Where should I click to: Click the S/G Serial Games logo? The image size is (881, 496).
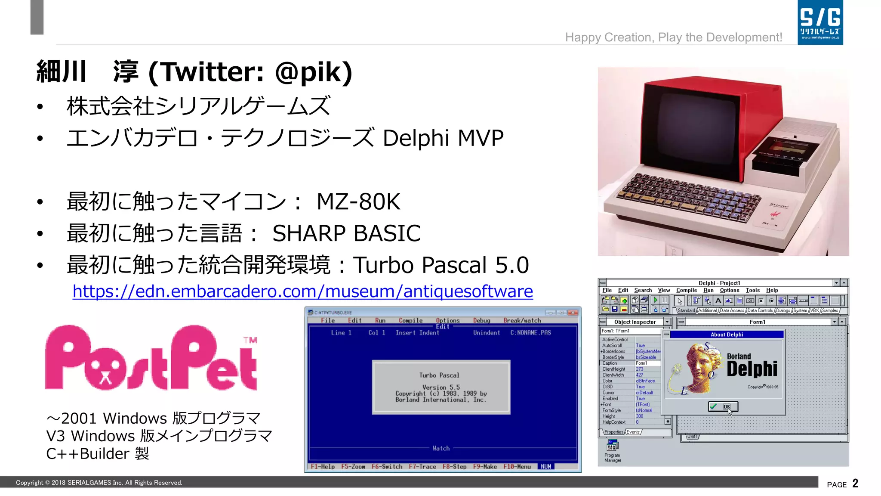click(x=820, y=22)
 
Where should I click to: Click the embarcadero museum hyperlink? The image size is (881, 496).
click(x=302, y=291)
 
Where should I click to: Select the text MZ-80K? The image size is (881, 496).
click(x=358, y=201)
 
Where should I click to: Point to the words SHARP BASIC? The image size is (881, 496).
click(x=346, y=233)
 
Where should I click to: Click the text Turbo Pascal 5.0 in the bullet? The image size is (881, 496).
click(x=441, y=265)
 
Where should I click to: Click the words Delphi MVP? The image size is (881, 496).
click(x=443, y=138)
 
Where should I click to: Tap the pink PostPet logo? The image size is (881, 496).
click(x=151, y=358)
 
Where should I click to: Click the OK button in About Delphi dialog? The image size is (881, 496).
click(x=723, y=406)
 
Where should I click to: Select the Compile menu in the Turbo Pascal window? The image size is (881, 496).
click(x=410, y=320)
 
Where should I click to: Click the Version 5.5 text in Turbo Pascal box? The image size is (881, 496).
click(x=441, y=387)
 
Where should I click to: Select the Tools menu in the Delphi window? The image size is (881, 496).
click(x=752, y=290)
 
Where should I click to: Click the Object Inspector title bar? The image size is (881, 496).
click(x=635, y=322)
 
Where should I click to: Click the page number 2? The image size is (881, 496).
click(x=855, y=483)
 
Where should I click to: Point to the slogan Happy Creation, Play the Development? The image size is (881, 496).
click(x=673, y=37)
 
